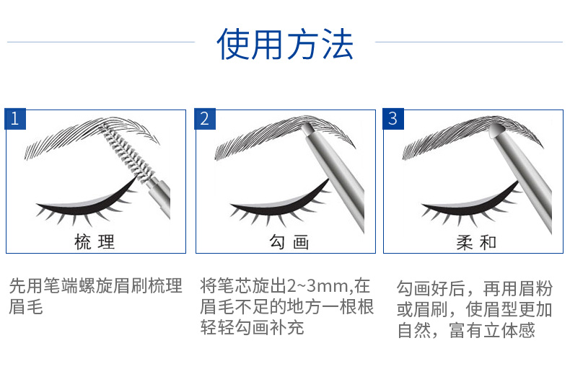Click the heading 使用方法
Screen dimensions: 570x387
[x=285, y=44]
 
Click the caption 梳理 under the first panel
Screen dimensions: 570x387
[x=95, y=242]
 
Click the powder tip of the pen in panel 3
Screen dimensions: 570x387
[x=494, y=130]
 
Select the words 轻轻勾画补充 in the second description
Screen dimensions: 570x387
[x=253, y=328]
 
